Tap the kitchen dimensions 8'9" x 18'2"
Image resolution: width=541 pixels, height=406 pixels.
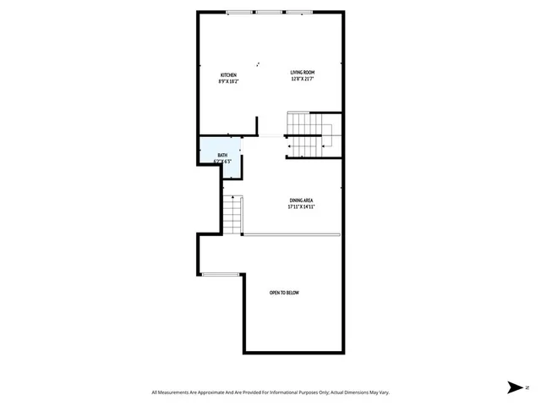[x=227, y=82]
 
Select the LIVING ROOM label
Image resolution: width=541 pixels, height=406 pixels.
[x=303, y=73]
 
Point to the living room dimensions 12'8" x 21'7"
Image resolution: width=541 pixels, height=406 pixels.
[x=303, y=80]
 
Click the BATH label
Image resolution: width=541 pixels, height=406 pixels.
[x=222, y=155]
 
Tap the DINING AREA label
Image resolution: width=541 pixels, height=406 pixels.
[x=302, y=200]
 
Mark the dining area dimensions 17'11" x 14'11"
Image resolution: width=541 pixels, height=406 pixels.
[x=302, y=206]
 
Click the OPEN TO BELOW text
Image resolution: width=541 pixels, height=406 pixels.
[x=284, y=293]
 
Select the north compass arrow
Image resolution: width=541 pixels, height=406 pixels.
[x=513, y=388]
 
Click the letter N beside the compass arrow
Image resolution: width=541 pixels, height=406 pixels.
[x=526, y=388]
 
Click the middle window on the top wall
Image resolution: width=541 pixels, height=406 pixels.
[x=270, y=13]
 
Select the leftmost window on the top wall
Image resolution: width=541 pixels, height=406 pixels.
[x=240, y=13]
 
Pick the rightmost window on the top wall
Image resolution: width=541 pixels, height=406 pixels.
[x=299, y=13]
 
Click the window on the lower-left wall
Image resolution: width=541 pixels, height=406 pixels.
[x=221, y=273]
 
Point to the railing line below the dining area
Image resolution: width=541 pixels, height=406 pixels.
[x=292, y=234]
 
